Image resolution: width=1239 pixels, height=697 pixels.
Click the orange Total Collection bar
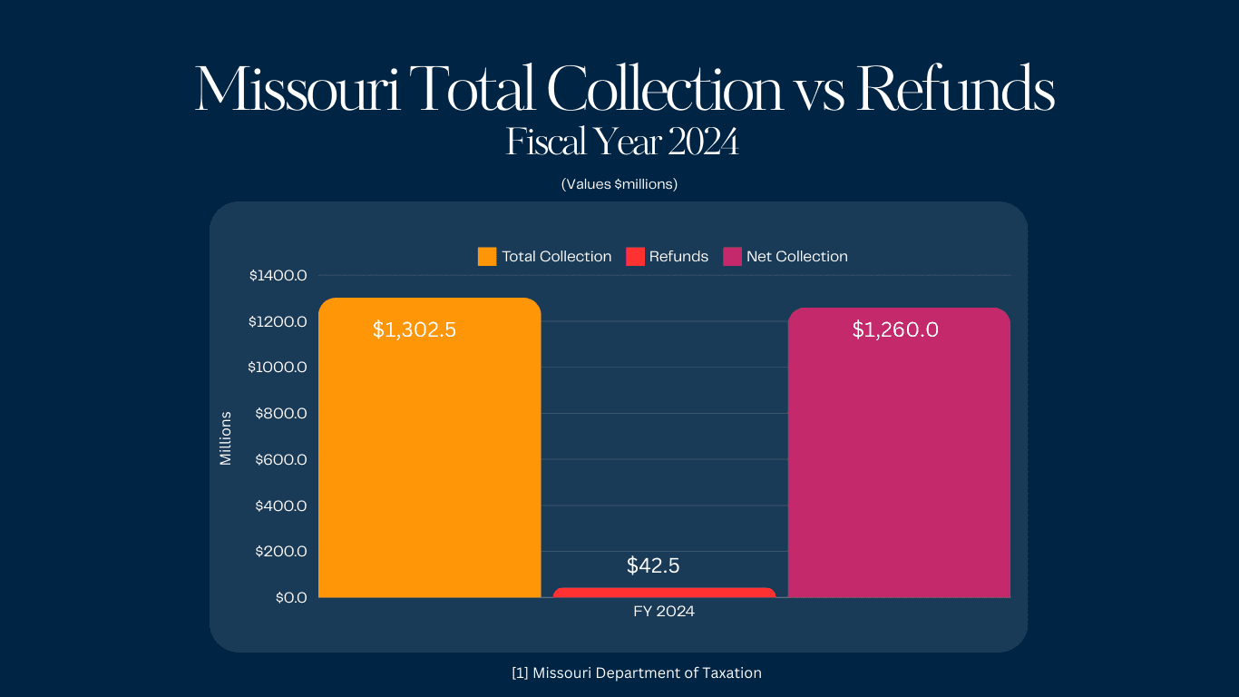tap(429, 454)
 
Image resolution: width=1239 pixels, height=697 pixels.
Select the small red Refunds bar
tap(664, 593)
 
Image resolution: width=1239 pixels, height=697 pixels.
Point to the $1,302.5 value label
tap(415, 329)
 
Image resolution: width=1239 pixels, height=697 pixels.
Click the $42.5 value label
tap(653, 565)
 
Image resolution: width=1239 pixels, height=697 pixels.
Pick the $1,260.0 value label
tap(895, 329)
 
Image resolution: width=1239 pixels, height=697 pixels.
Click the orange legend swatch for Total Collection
tap(487, 257)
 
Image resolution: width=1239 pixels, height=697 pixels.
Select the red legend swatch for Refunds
tap(635, 257)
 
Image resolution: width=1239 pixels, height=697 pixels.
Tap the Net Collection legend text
tap(796, 257)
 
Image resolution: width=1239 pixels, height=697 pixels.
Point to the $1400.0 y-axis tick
tap(278, 275)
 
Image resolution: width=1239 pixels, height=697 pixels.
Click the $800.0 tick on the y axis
tap(280, 413)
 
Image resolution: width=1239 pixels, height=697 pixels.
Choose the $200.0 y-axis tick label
tap(280, 551)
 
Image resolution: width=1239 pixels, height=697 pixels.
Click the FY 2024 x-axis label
tap(664, 612)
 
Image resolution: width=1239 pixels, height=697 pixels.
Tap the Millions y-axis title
tap(226, 438)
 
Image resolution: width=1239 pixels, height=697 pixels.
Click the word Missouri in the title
tap(298, 89)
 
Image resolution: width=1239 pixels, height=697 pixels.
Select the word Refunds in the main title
tap(955, 89)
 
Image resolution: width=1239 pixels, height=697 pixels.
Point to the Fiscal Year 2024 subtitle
tap(622, 142)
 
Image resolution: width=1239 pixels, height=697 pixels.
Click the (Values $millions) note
tap(619, 184)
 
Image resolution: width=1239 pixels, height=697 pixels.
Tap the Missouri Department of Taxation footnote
tap(636, 672)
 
